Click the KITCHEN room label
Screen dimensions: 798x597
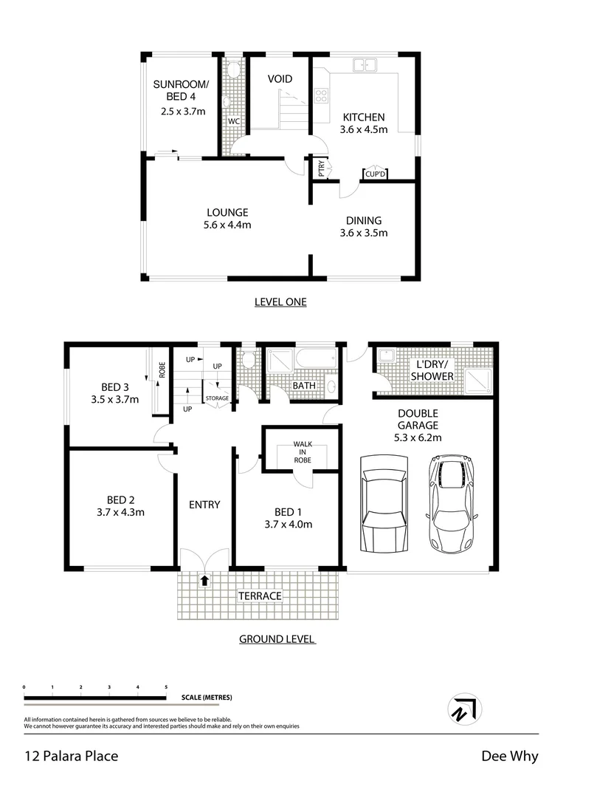pyautogui.click(x=363, y=117)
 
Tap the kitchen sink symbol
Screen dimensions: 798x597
pyautogui.click(x=365, y=66)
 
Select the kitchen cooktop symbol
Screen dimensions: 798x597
pyautogui.click(x=322, y=95)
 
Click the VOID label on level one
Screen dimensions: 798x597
pyautogui.click(x=280, y=79)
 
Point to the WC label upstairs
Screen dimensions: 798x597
pyautogui.click(x=233, y=121)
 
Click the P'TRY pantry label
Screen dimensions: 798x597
pyautogui.click(x=322, y=168)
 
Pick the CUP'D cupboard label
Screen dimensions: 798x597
pyautogui.click(x=375, y=174)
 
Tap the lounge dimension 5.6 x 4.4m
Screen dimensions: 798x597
pyautogui.click(x=227, y=225)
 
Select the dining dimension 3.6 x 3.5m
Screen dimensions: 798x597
pyautogui.click(x=363, y=233)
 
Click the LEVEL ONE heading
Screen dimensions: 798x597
pyautogui.click(x=280, y=301)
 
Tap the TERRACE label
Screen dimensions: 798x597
pyautogui.click(x=259, y=596)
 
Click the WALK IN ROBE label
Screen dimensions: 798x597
pyautogui.click(x=302, y=451)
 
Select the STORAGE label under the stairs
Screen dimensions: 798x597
pyautogui.click(x=218, y=398)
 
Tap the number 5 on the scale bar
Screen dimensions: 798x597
pyautogui.click(x=166, y=687)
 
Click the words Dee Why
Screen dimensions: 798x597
pyautogui.click(x=509, y=756)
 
